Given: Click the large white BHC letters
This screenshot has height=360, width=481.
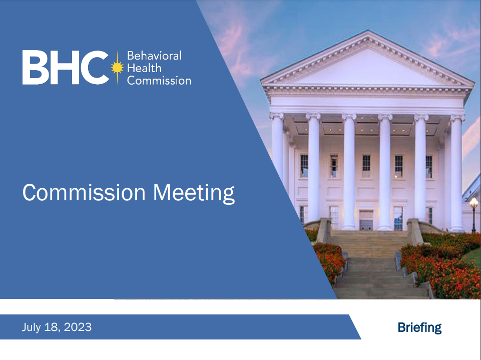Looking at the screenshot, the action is click(x=66, y=67).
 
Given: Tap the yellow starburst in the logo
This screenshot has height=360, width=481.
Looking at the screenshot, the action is click(x=117, y=68).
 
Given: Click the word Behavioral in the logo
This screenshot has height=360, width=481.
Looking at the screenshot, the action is click(x=154, y=56).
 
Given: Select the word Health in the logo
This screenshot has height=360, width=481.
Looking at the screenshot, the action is click(x=144, y=68).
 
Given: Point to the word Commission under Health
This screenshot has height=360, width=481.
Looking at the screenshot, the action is click(x=159, y=81).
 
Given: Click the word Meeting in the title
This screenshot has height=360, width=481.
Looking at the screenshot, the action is click(x=194, y=193).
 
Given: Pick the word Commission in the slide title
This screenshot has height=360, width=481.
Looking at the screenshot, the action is click(x=84, y=193).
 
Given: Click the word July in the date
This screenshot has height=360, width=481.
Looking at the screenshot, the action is click(x=32, y=327).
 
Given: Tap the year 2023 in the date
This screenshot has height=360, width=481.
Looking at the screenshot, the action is click(x=78, y=327).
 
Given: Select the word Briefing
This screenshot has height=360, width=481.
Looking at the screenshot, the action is click(x=419, y=327).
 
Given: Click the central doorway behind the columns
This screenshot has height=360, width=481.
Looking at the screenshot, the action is click(x=366, y=220).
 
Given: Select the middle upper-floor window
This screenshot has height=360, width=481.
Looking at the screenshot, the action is click(x=366, y=166).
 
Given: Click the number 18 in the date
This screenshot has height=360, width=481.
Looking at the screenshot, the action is click(x=51, y=327).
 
